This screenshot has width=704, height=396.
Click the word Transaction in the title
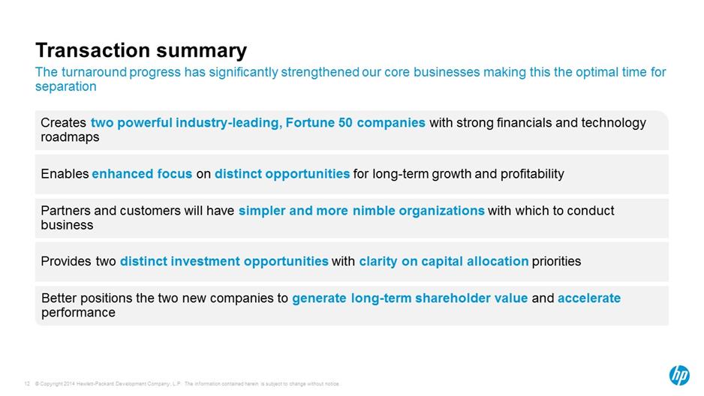coord(93,50)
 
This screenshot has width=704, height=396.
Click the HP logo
coord(679,375)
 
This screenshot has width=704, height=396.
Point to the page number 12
coord(27,384)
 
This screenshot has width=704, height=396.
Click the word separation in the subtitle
coord(65,86)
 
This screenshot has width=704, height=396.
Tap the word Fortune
coord(310,122)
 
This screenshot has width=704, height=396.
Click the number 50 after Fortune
coord(345,122)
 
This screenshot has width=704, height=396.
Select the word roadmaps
coord(70,137)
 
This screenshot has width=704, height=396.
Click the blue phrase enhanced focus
coord(142,174)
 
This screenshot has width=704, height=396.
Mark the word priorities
coord(556,262)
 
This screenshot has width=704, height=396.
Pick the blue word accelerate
coord(589,298)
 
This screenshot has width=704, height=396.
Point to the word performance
coord(78,313)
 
